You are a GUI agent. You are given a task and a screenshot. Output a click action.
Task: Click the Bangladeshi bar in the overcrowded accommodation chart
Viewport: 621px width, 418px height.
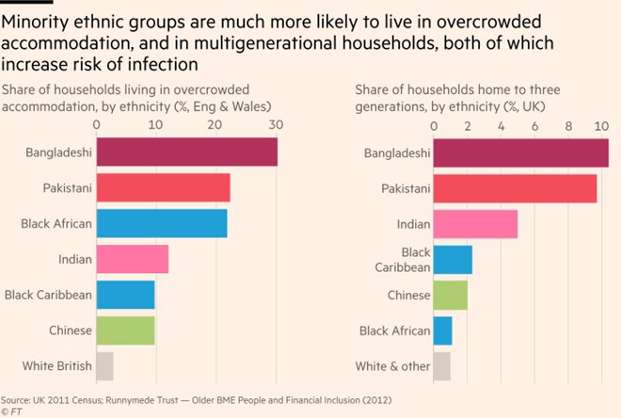tap(186, 152)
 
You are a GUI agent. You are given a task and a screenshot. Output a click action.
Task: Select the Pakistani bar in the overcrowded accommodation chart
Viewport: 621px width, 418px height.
tap(163, 187)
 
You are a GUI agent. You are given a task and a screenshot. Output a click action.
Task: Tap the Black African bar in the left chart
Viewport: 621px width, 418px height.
tap(161, 223)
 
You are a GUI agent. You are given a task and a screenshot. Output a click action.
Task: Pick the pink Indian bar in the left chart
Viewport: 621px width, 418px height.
tap(132, 259)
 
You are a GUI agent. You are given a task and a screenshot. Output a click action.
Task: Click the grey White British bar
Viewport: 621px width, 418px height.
tap(104, 365)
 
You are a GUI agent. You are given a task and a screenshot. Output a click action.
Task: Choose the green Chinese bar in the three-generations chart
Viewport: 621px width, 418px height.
tap(450, 296)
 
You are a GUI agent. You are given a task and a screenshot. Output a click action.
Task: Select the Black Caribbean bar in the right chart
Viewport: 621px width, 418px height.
tap(453, 260)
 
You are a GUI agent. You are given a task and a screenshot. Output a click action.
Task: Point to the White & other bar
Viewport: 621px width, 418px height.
tap(441, 366)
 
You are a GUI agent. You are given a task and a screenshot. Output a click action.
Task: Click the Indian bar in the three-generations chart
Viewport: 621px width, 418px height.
tap(475, 224)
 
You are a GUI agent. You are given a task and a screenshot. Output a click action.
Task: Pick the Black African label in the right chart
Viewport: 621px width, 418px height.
tap(395, 330)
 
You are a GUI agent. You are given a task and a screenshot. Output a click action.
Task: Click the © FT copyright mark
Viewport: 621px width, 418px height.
tap(11, 410)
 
